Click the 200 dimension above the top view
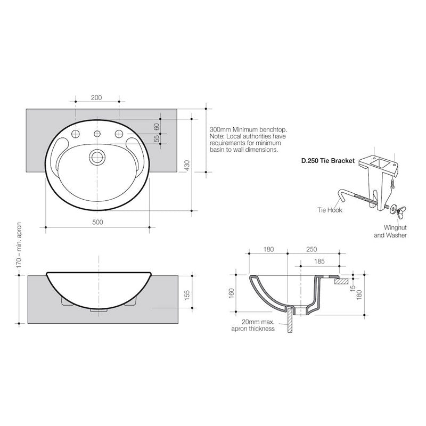click(x=96, y=97)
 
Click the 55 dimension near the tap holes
click(x=157, y=138)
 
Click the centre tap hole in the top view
click(x=97, y=133)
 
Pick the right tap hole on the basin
click(x=119, y=133)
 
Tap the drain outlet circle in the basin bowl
click(x=97, y=157)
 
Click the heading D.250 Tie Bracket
click(x=328, y=160)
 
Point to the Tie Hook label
click(x=331, y=210)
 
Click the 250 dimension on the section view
click(x=312, y=249)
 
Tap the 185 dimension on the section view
click(x=319, y=261)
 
